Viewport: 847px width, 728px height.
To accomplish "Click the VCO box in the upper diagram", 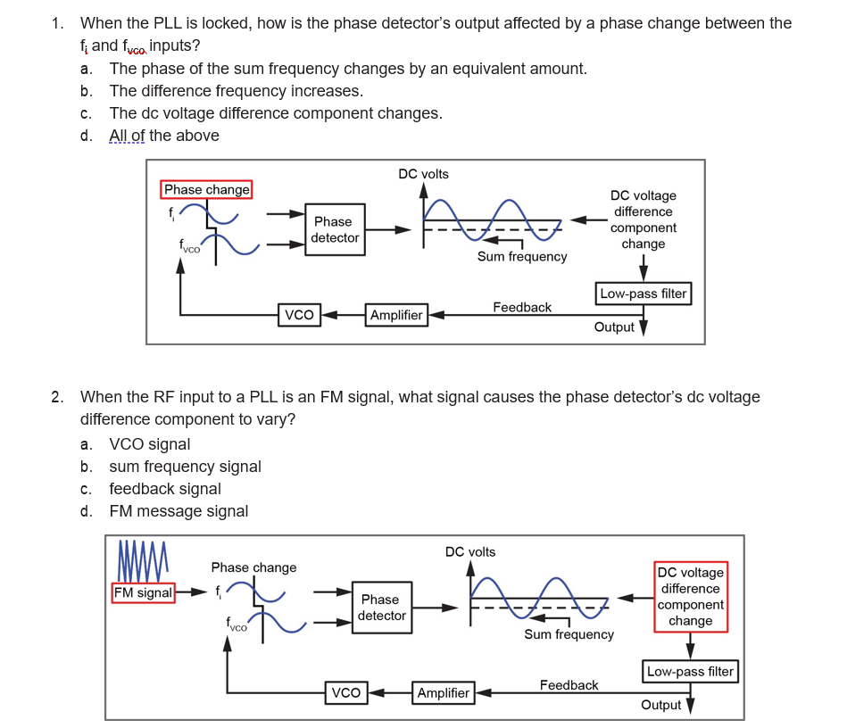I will (x=299, y=315).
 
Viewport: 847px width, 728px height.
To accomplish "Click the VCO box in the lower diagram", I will (x=346, y=693).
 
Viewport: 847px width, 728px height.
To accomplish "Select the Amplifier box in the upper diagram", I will (x=396, y=315).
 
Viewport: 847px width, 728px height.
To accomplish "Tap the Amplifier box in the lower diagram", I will (x=444, y=693).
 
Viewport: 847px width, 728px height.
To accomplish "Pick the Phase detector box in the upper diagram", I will (x=334, y=229).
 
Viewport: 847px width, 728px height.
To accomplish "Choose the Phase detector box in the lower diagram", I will (x=381, y=608).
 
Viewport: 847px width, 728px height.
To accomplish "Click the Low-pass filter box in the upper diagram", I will (x=643, y=294).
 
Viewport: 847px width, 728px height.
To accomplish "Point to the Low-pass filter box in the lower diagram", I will (x=690, y=672).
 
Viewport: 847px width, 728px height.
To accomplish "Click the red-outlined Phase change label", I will (x=207, y=189).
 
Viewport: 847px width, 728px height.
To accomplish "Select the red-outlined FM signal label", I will (x=143, y=592).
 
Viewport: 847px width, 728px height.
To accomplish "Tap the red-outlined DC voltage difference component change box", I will (x=690, y=597).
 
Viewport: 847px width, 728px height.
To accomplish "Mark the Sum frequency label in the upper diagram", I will (x=522, y=256).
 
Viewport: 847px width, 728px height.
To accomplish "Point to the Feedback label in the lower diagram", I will (x=569, y=685).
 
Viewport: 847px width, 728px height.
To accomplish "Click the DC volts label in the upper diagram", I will (x=423, y=174).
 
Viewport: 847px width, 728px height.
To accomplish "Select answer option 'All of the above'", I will (x=164, y=136).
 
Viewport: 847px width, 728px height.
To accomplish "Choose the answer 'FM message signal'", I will (x=179, y=511).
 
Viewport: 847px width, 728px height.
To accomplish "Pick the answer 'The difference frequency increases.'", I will (x=236, y=91).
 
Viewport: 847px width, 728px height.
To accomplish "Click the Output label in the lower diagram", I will (x=660, y=705).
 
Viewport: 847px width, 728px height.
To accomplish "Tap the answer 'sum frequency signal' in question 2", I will (x=185, y=467).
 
